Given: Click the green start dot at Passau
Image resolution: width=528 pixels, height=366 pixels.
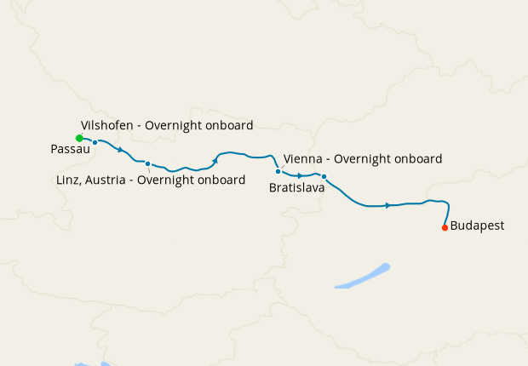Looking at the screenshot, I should [x=79, y=138].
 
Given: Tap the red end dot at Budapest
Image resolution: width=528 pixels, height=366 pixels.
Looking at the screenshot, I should [x=445, y=228].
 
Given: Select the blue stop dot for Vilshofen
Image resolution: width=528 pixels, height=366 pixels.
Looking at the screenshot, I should [x=95, y=142].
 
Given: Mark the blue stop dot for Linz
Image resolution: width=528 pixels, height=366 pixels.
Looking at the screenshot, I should [x=147, y=163].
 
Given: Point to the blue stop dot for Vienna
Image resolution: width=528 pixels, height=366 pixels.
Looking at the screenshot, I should [x=278, y=171].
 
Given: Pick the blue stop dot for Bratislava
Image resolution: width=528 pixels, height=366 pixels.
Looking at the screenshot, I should [x=324, y=176].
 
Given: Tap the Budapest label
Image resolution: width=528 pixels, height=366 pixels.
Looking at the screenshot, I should [x=477, y=226].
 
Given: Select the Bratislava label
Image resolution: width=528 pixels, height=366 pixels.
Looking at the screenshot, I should [x=296, y=187].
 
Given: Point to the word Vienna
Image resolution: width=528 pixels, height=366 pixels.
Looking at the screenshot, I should [x=302, y=159].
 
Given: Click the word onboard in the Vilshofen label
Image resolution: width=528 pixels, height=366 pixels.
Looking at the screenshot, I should [x=228, y=125].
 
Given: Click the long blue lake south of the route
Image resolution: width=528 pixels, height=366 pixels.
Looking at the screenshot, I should [x=363, y=277].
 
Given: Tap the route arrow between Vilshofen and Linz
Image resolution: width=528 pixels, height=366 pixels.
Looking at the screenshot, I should [x=121, y=150].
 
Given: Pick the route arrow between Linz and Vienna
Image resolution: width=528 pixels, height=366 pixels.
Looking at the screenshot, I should [x=215, y=160].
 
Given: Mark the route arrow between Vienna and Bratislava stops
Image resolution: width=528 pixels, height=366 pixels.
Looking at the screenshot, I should [x=301, y=175].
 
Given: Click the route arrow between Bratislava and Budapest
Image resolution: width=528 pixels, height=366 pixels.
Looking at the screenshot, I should [x=388, y=205].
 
